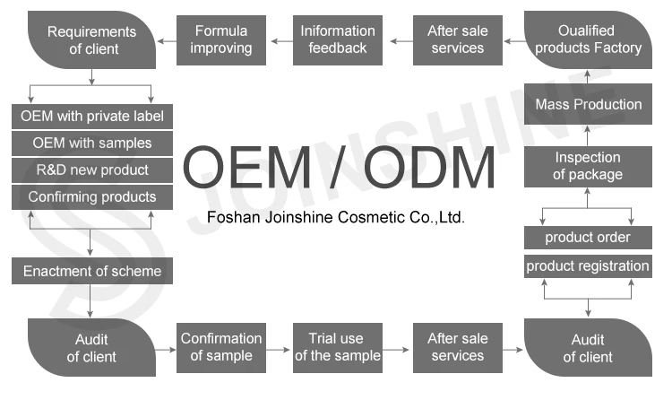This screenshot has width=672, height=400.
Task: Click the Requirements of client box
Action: point(91,39)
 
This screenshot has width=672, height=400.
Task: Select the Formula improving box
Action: point(220,39)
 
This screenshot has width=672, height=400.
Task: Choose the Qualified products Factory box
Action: point(588,39)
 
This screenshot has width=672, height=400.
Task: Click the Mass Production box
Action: point(588,104)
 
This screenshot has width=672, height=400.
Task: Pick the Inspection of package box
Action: point(588,166)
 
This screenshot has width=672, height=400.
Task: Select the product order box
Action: point(588,238)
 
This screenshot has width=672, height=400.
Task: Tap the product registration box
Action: point(588,266)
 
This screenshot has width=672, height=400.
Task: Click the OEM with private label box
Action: point(91,116)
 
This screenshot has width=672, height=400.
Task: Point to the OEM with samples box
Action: point(91,143)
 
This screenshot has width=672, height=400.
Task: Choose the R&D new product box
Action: point(91,170)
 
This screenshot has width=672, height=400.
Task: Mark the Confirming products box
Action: point(91,196)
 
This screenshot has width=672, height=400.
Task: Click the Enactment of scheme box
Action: point(91,270)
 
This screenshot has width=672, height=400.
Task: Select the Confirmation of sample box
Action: point(220,347)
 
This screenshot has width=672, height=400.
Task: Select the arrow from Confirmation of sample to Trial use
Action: point(279,347)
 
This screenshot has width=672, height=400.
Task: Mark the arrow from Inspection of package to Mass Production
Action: point(588,134)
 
